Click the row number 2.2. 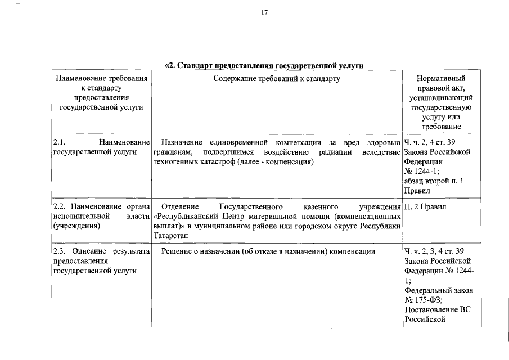pos(59,206)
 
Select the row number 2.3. pos(59,251)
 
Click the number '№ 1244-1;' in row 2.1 pos(422,172)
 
